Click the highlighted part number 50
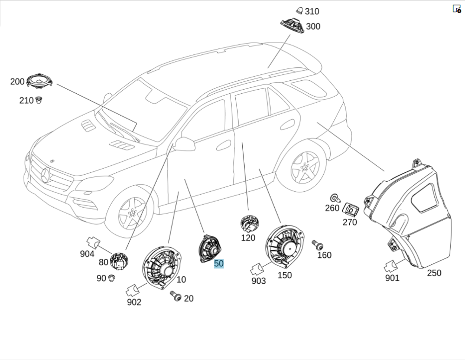tap(219, 263)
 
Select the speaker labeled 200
tap(39, 81)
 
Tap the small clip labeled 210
tap(39, 99)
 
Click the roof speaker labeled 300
tap(292, 25)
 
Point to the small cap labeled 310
tap(299, 11)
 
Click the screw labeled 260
tap(334, 198)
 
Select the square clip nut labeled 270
tap(351, 209)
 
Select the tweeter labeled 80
tap(119, 261)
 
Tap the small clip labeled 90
tap(112, 278)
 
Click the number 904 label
tap(87, 254)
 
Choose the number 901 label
tap(392, 278)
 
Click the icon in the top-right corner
tap(457, 8)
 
